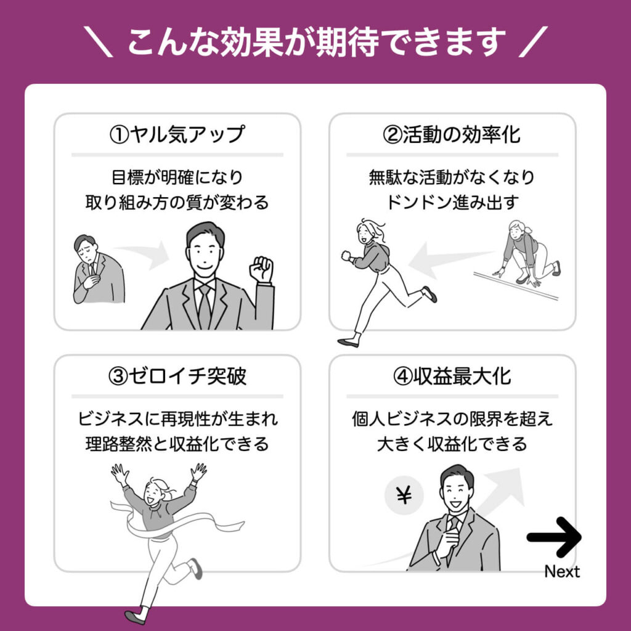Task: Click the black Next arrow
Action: [554, 537]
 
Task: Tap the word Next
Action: [562, 571]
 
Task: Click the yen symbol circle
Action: [404, 495]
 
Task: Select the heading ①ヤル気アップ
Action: [177, 134]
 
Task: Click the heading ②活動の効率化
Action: [452, 134]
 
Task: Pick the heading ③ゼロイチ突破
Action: [177, 377]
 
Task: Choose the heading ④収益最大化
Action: [452, 377]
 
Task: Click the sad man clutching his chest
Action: [98, 269]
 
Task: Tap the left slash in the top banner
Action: [98, 42]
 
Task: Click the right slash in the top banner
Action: [533, 42]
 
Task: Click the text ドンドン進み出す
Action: [452, 202]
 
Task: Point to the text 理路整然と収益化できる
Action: [177, 444]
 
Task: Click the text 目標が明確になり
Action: [177, 177]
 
